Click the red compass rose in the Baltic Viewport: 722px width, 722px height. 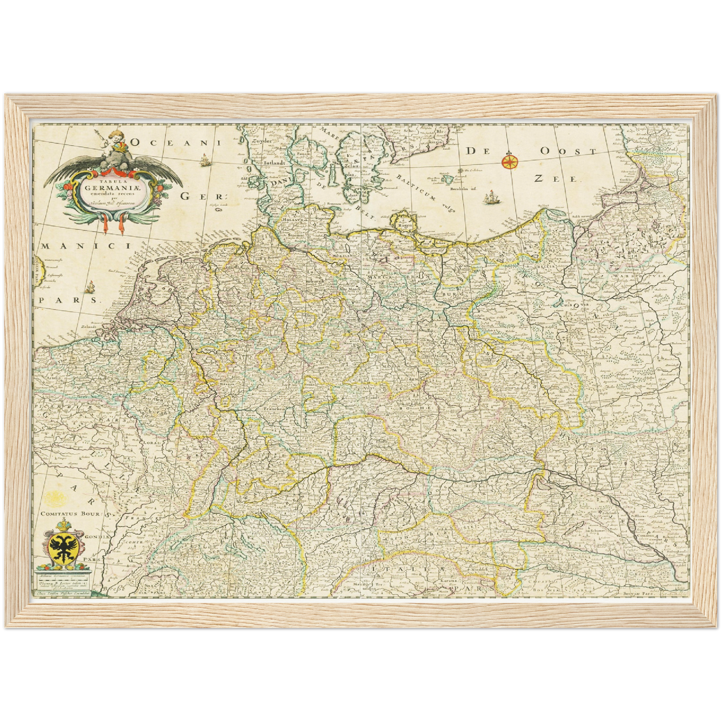coord(509,161)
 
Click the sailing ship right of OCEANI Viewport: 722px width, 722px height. coord(204,161)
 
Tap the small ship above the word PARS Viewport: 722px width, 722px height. coord(90,287)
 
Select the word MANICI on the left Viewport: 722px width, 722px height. coord(86,246)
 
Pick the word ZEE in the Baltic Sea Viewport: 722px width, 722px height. coord(556,178)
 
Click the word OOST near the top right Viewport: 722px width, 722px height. coord(569,151)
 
